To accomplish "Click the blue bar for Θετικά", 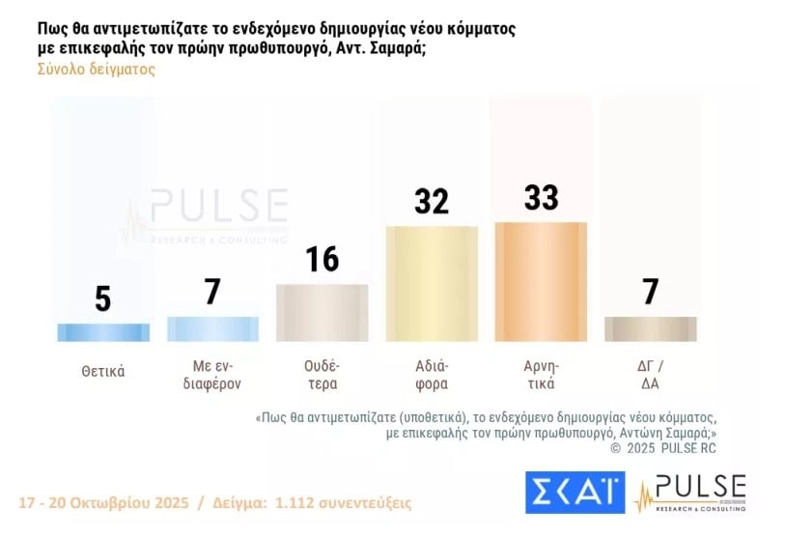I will [103, 332].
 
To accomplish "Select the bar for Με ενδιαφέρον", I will [212, 328].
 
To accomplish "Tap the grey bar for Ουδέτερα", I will [322, 312].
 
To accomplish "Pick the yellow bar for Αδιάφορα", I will [432, 283].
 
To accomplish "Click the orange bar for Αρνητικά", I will [541, 281].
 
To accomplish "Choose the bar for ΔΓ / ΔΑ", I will [650, 328].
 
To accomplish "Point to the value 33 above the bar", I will [541, 197].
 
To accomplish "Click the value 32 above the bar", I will [432, 201].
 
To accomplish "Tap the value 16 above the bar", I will [322, 259].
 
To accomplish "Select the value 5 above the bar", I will [103, 298].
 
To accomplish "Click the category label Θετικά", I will [103, 371].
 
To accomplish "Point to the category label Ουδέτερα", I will [322, 375].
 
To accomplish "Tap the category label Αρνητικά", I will [541, 375].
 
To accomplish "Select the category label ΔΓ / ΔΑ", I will [650, 375].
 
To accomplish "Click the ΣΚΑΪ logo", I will [575, 493].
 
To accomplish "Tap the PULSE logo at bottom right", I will [691, 493].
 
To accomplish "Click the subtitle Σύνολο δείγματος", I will [96, 70].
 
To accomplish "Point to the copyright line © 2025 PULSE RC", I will [664, 448].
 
